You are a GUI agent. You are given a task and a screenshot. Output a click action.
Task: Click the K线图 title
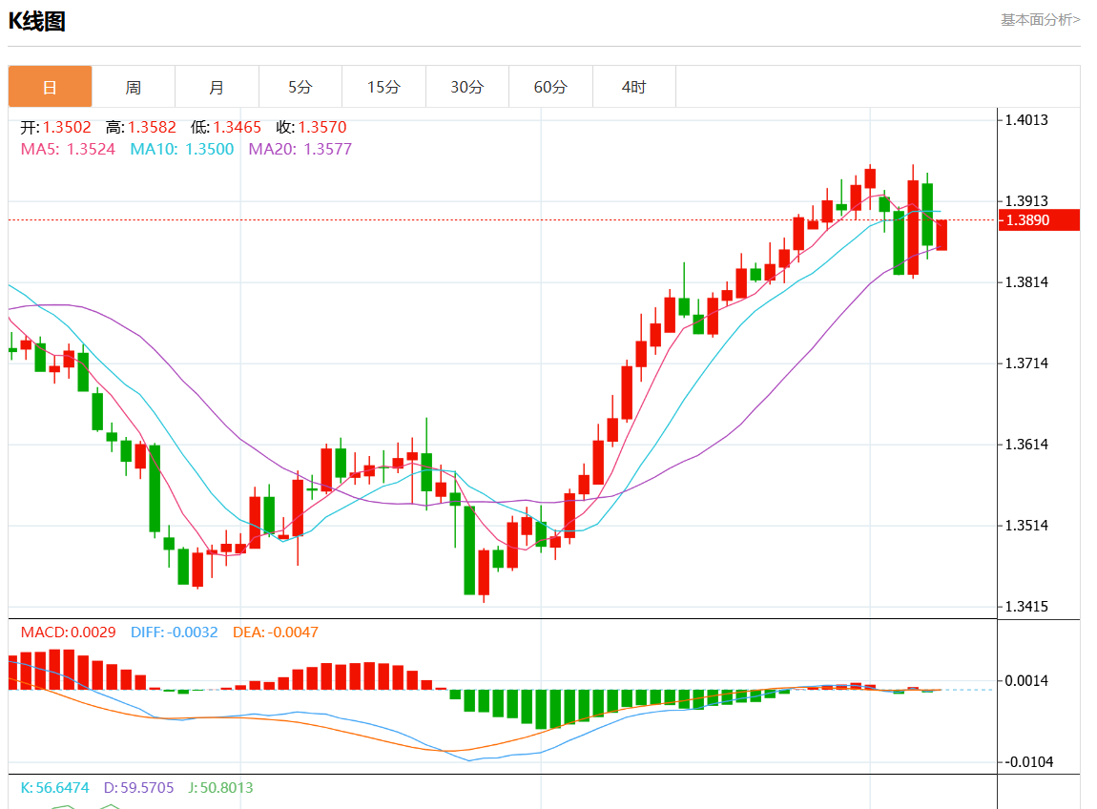[x=37, y=21]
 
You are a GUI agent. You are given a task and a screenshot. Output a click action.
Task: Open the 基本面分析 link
[x=1040, y=19]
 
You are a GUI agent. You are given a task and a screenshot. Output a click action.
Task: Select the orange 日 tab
[x=50, y=87]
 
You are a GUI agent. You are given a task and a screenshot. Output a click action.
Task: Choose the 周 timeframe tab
[x=134, y=87]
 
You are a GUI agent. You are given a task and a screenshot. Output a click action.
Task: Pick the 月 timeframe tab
[x=217, y=87]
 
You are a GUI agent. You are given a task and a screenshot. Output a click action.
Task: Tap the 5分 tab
[x=300, y=87]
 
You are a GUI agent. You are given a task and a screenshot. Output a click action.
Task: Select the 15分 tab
[x=383, y=87]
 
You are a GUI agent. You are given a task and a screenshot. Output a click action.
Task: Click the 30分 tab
[x=467, y=87]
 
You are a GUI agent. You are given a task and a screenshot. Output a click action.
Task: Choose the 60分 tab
[x=550, y=87]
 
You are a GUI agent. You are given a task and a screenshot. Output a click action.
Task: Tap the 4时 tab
[x=633, y=87]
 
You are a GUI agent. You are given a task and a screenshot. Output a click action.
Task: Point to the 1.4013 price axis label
[x=1027, y=119]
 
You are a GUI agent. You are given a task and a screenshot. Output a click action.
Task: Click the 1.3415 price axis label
[x=1027, y=607]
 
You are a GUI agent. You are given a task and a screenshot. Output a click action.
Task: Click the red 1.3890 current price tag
[x=1038, y=219]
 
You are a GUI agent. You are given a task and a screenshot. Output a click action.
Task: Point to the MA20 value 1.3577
[x=327, y=149]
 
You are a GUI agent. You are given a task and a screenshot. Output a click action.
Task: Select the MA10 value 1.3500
[x=209, y=149]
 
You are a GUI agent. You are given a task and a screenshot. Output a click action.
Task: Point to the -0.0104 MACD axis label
[x=1027, y=761]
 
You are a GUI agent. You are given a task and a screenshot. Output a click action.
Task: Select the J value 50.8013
[x=228, y=788]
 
